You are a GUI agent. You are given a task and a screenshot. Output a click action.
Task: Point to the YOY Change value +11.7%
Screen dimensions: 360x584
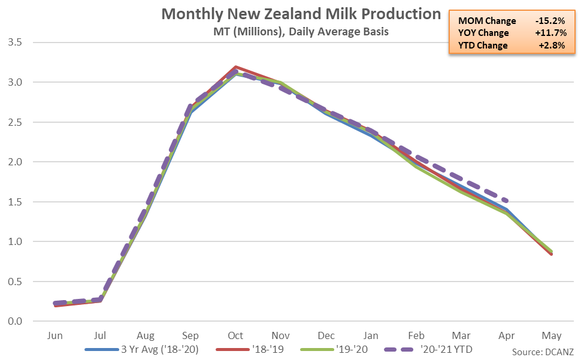pos(549,33)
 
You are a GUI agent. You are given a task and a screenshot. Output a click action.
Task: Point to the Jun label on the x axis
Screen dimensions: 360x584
pos(55,335)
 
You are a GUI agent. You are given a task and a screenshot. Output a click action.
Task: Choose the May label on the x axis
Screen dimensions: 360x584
pos(552,335)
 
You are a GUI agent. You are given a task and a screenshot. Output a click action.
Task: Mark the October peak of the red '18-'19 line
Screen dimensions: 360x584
pos(236,66)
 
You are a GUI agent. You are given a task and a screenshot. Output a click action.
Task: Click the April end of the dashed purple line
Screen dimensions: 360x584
pos(507,201)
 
